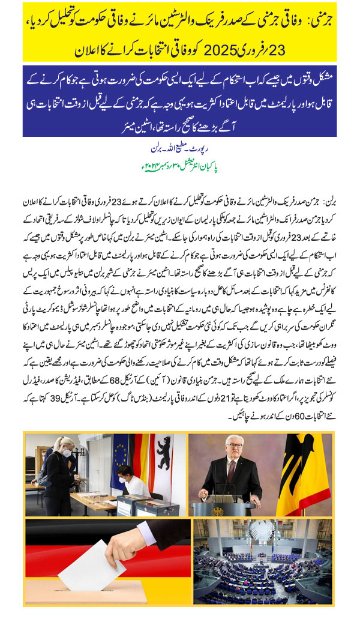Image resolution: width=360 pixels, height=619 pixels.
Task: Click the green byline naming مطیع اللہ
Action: click(x=179, y=146)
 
